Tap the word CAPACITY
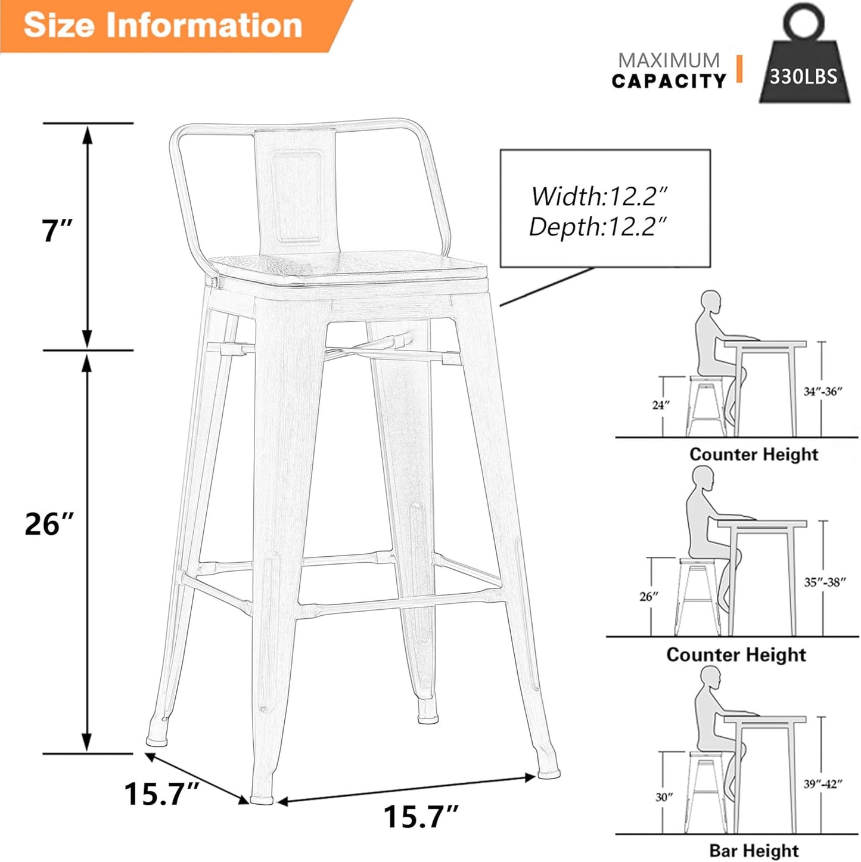669,81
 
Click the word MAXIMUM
669,60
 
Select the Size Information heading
163,25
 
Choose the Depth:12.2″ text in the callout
598,227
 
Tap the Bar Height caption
754,850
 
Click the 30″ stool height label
664,797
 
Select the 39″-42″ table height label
822,784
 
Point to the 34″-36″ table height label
822,392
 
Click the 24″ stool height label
661,405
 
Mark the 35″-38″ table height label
825,582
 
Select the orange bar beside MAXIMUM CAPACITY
739,69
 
